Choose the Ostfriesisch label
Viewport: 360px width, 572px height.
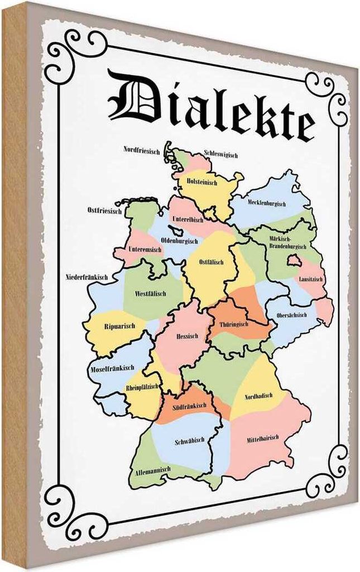coord(104,211)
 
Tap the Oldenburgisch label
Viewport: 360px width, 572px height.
coord(179,241)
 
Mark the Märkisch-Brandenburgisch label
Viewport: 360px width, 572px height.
coord(287,242)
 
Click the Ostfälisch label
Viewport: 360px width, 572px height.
coord(211,262)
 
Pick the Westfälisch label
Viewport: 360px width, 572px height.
coord(150,293)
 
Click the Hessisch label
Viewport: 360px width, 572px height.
coord(186,336)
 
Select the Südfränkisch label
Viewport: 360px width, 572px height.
coord(190,405)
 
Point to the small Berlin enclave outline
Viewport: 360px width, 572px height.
coord(293,260)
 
